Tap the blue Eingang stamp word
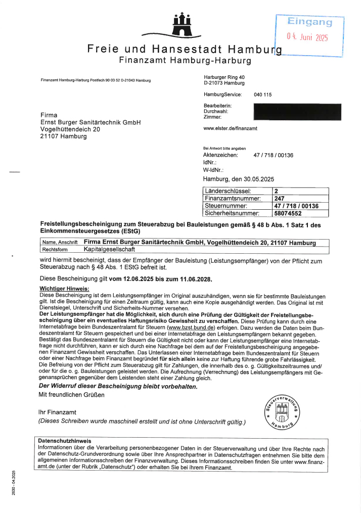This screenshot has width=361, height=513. click(x=309, y=22)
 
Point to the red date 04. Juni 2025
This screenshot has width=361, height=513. click(x=307, y=37)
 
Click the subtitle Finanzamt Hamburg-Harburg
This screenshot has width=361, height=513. click(x=185, y=61)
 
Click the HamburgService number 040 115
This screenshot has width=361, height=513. click(x=262, y=95)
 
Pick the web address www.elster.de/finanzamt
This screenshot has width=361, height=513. click(x=230, y=128)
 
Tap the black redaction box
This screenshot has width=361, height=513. click(x=297, y=112)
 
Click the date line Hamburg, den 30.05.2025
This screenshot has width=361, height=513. click(x=238, y=179)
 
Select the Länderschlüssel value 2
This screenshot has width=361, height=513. click(x=276, y=191)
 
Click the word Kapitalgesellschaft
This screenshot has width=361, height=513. click(x=109, y=249)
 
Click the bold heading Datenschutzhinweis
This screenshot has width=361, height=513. click(x=64, y=441)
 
